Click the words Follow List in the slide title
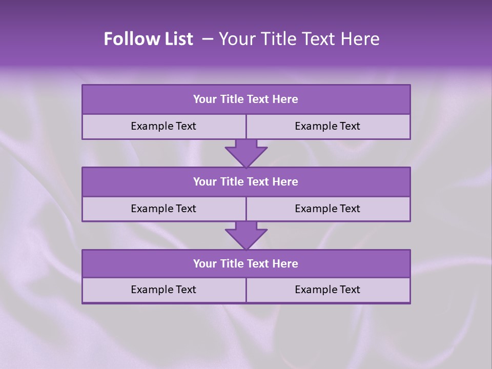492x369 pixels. [x=149, y=39]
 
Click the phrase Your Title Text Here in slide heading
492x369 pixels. [x=299, y=39]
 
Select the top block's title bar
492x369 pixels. [x=246, y=99]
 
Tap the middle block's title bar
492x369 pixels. [x=246, y=181]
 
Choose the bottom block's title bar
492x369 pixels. [x=246, y=263]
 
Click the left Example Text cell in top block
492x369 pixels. [x=163, y=126]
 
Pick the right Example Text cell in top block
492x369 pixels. [x=327, y=126]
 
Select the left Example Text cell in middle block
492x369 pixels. [x=163, y=209]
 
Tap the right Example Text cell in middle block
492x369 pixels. [x=327, y=209]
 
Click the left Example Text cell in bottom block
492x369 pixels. [x=163, y=290]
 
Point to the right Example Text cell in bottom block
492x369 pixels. [x=327, y=290]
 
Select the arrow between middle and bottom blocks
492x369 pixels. [x=246, y=235]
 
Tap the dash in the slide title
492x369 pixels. [x=208, y=39]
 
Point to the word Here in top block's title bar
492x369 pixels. [x=285, y=99]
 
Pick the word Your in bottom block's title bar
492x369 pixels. [x=205, y=263]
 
